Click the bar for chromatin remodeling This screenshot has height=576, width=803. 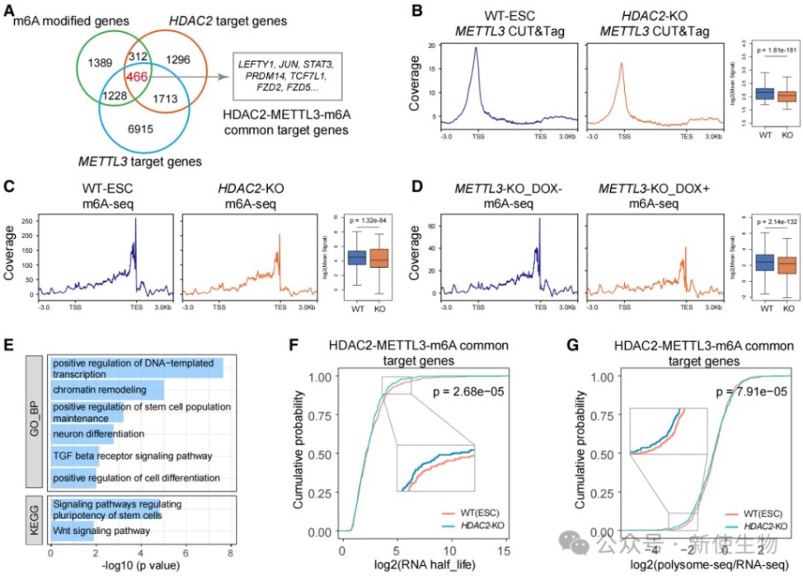[107, 388]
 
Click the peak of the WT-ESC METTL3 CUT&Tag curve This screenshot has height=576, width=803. [475, 48]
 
